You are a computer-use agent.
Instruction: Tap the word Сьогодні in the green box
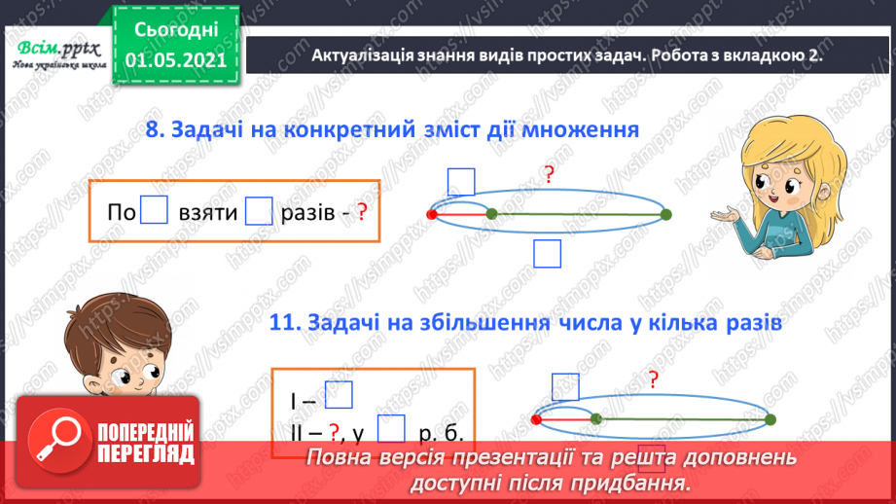click(175, 30)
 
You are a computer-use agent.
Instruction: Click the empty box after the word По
click(155, 211)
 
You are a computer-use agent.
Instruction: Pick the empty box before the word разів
click(259, 211)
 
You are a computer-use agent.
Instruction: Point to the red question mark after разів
click(361, 212)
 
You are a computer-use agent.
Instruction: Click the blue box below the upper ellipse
click(549, 253)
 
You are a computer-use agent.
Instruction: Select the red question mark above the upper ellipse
click(549, 175)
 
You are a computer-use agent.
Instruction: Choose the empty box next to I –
click(338, 394)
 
